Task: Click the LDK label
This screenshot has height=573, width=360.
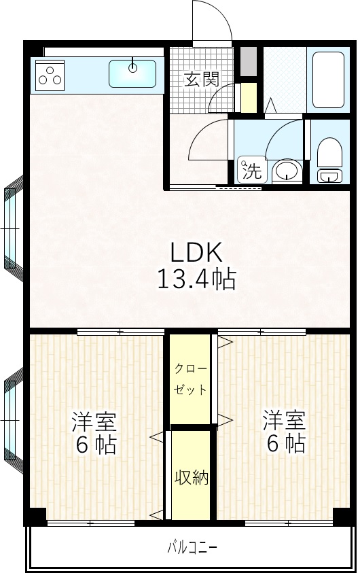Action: coord(196,253)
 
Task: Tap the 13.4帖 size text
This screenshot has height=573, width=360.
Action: coord(196,279)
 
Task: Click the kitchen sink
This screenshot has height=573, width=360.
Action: coord(132,70)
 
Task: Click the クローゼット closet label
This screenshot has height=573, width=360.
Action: coord(190,380)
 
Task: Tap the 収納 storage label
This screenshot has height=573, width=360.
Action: coord(191,478)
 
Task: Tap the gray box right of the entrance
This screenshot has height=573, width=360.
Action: coord(249,60)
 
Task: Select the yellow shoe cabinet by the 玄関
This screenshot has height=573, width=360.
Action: coord(249,97)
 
